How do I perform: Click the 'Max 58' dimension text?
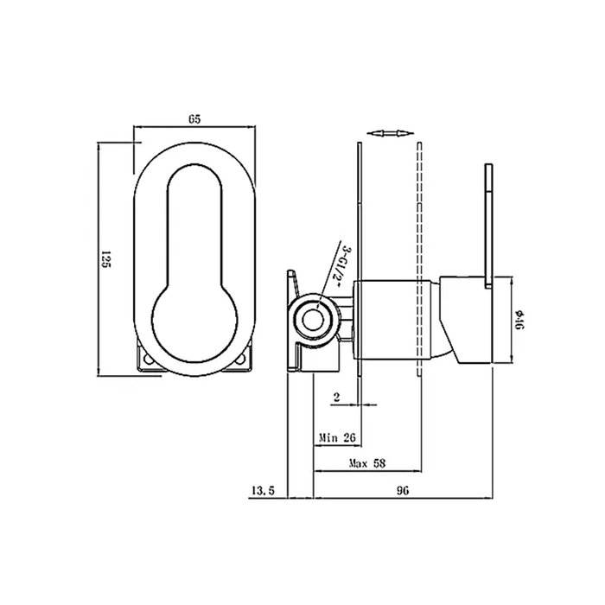(366, 463)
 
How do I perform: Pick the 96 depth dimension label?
(402, 491)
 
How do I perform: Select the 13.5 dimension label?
(263, 491)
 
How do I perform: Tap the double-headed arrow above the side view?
(386, 133)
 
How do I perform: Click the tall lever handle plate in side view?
(487, 220)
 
